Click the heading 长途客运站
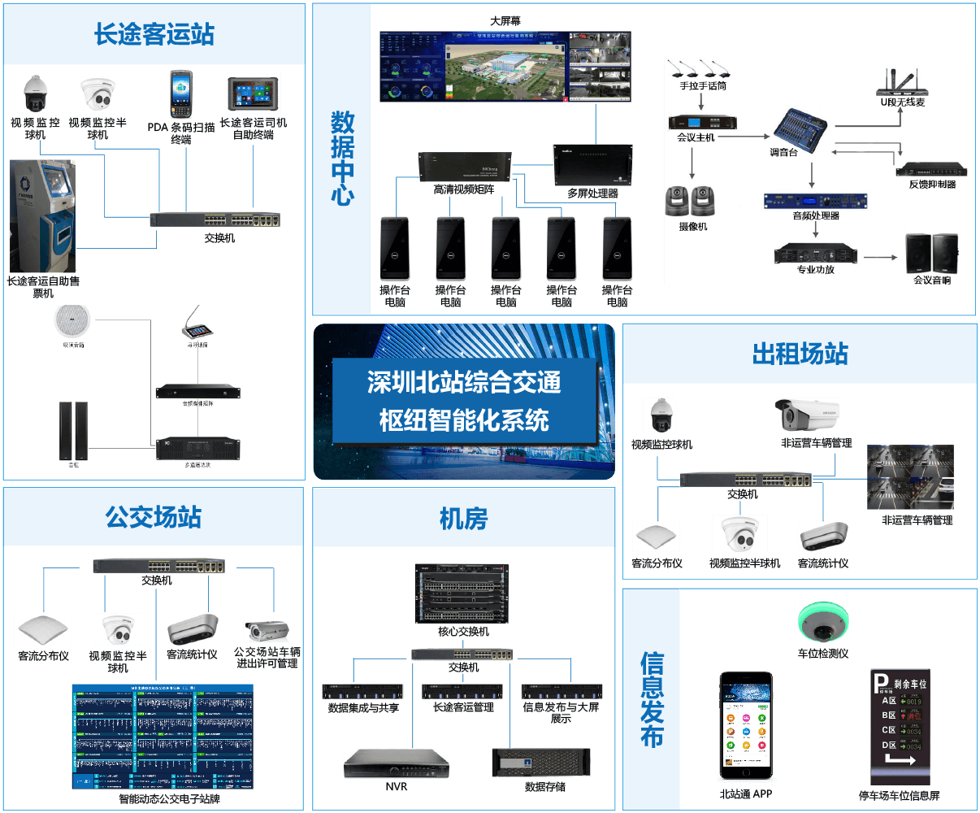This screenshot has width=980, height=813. coord(154,35)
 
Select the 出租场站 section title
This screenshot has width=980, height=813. coord(800,354)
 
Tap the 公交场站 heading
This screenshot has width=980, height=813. coord(153,517)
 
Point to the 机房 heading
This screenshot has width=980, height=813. coord(463,518)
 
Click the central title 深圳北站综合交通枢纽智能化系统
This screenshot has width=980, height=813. coord(464,402)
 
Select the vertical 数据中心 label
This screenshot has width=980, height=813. coord(342,159)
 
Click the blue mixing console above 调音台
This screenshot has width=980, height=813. coord(800,126)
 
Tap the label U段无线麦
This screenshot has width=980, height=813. coord(903,102)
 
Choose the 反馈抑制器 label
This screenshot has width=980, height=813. coord(932,185)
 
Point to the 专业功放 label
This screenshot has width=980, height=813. coord(815,269)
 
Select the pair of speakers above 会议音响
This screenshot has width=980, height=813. coord(932,254)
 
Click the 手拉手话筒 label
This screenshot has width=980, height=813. coord(703,85)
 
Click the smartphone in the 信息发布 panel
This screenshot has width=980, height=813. coord(745,724)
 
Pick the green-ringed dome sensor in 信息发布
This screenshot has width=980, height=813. coord(823,624)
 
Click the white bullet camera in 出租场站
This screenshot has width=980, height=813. coord(807,415)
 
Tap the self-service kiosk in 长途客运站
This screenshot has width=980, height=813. coord(44,215)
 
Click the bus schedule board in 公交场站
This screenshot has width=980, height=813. coord(163,736)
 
